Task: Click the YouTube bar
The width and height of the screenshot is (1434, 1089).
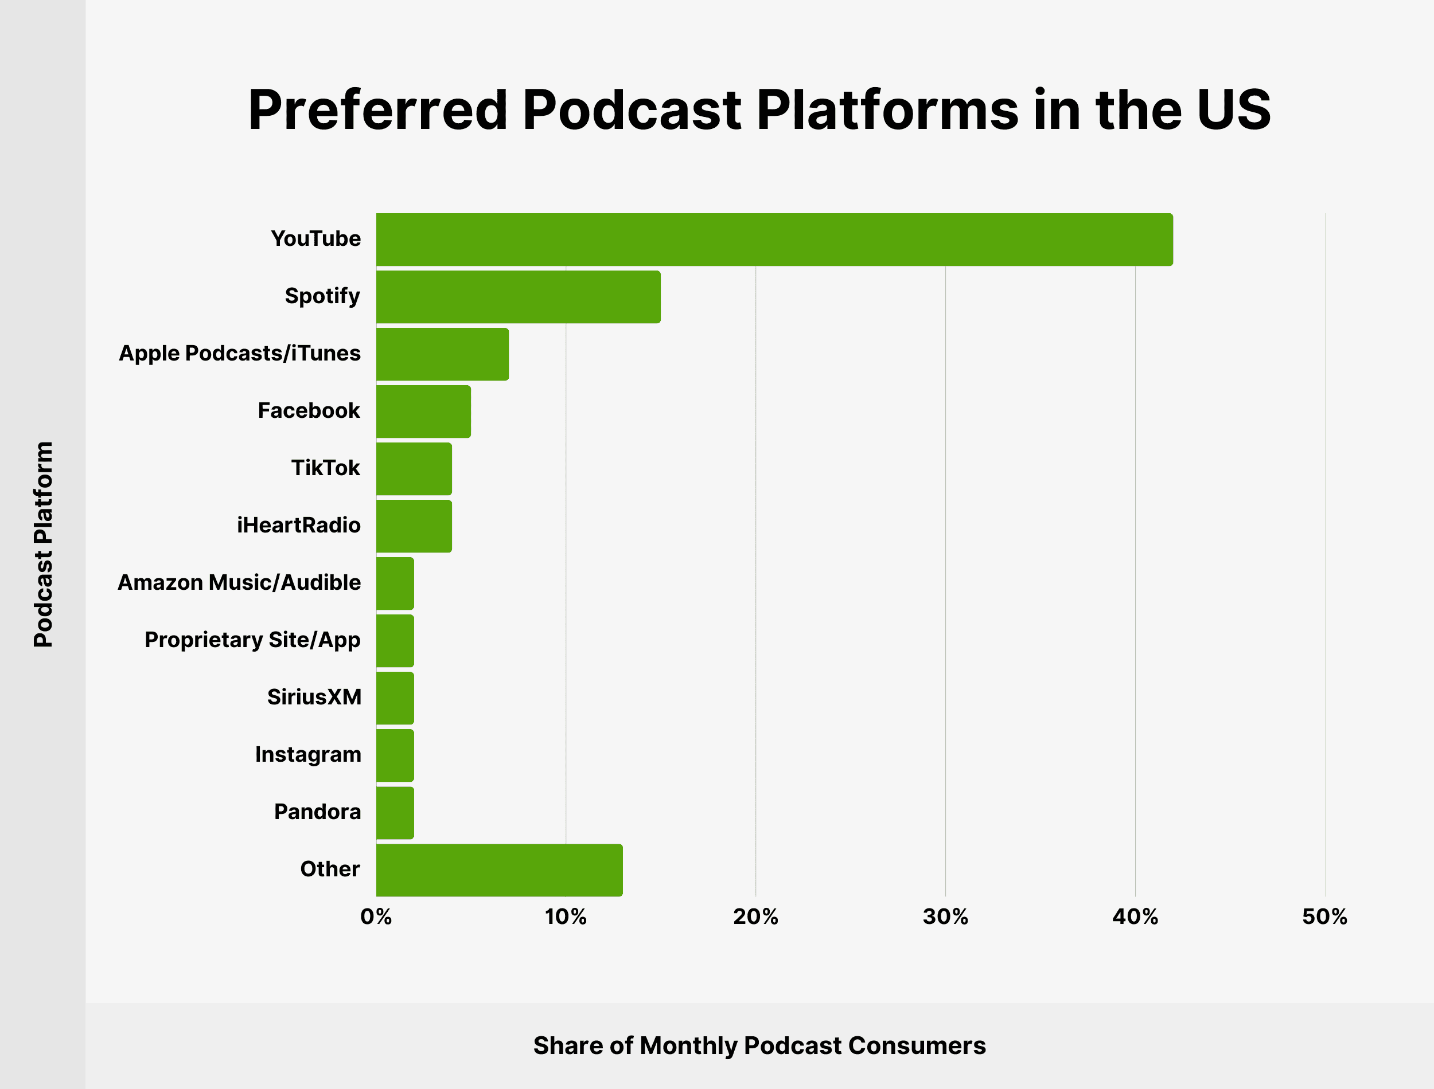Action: click(774, 239)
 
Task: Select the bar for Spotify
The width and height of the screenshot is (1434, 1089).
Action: click(518, 297)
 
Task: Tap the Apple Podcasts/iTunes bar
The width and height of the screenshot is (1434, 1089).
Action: click(442, 354)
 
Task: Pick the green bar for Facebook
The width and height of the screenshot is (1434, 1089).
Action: click(423, 412)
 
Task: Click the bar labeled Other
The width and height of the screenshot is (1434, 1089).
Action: click(500, 870)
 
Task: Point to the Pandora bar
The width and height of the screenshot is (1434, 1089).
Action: click(395, 813)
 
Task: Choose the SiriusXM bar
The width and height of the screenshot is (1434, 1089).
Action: click(395, 698)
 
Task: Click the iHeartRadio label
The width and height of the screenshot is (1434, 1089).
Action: click(298, 525)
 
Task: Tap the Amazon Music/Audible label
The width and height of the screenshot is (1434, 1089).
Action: click(239, 583)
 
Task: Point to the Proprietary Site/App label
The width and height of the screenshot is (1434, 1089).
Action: click(252, 640)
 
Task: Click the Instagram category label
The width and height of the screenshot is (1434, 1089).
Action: click(307, 754)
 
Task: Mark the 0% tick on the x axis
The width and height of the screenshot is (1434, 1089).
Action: click(376, 916)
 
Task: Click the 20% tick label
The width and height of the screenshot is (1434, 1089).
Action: click(755, 916)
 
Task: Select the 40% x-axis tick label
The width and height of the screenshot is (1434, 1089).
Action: click(1135, 916)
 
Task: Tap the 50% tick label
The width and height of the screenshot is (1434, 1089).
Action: click(1324, 916)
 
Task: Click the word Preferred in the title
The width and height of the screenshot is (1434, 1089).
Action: click(377, 110)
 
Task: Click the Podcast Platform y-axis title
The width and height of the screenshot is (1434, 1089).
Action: click(43, 544)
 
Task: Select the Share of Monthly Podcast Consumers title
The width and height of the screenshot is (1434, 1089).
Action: click(759, 1045)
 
